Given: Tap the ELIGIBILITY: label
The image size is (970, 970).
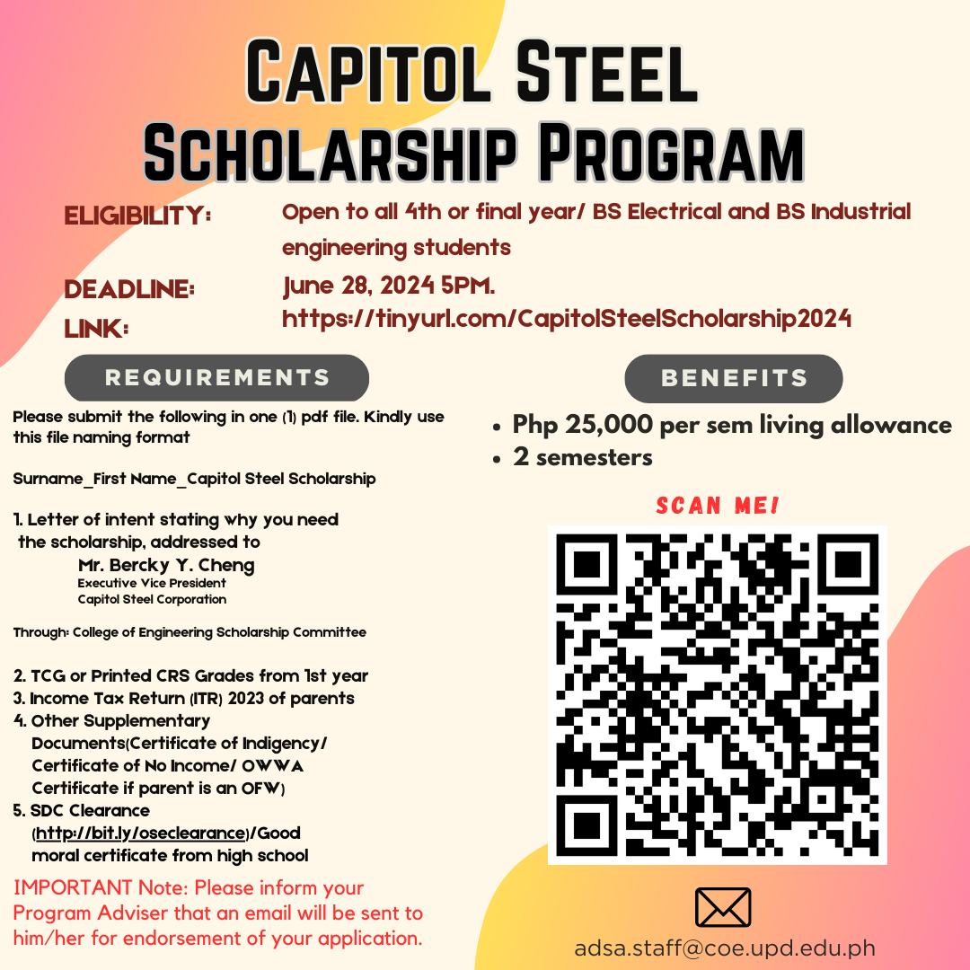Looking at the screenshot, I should pos(137,216).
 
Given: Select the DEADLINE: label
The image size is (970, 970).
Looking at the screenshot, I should pos(129,290).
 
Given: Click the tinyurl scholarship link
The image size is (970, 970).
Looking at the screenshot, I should pos(567,319).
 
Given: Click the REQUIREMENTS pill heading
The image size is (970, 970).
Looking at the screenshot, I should pos(216,377).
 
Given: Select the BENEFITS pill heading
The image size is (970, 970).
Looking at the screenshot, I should pos(734,378).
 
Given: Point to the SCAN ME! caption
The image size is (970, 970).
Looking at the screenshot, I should pos(718,506).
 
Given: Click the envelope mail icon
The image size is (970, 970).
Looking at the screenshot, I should pos(723,907).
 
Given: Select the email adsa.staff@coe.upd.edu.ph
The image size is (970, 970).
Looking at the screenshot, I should pos(724,948).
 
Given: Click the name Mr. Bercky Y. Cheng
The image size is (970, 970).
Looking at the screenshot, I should pos(166,565).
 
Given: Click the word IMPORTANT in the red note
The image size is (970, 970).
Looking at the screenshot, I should pos(73,888).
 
